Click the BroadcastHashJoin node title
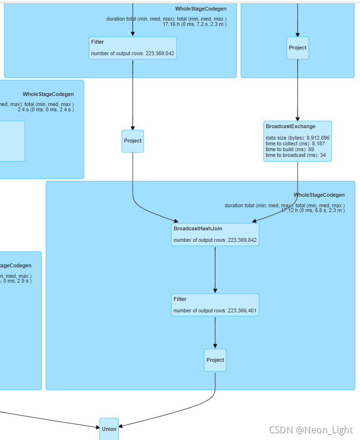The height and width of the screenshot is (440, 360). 197,229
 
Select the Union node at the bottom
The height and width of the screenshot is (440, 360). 109,428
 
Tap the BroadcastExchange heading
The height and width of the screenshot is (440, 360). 290,127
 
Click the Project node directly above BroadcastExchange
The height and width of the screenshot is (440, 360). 297,48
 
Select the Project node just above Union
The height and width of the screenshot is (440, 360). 215,360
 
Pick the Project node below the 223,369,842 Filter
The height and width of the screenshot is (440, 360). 133,141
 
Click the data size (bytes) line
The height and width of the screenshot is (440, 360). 297,138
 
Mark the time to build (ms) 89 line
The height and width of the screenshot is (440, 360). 290,149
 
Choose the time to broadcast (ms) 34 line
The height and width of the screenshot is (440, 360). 295,155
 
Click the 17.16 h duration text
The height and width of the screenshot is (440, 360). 194,24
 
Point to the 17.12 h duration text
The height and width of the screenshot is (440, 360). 313,210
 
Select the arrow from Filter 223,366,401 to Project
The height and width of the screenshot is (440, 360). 215,332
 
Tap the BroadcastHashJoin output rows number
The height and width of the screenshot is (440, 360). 242,240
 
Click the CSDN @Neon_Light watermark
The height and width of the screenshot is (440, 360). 311,430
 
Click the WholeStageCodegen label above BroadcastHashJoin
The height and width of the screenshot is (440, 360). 319,195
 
